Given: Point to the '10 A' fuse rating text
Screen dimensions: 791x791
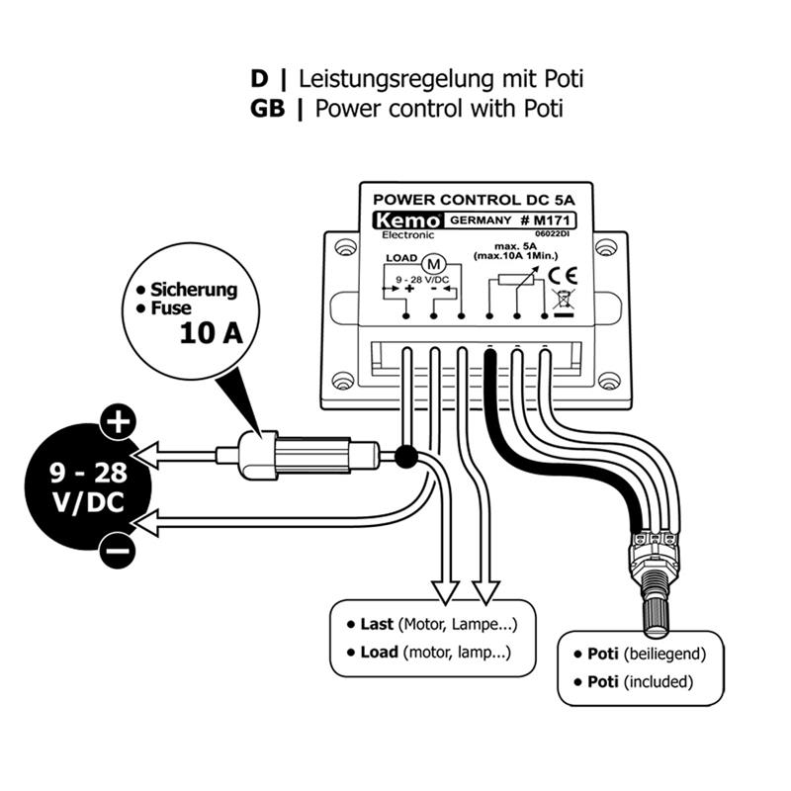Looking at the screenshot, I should tap(211, 332).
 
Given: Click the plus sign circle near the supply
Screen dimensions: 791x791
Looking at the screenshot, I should tap(116, 422).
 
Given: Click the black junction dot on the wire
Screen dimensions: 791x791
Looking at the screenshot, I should tap(403, 458).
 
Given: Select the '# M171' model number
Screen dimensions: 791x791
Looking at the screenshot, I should tap(545, 220).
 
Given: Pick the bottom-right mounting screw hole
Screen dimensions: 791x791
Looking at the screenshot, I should tap(610, 380).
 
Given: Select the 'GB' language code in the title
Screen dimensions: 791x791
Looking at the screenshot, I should tap(268, 108).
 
